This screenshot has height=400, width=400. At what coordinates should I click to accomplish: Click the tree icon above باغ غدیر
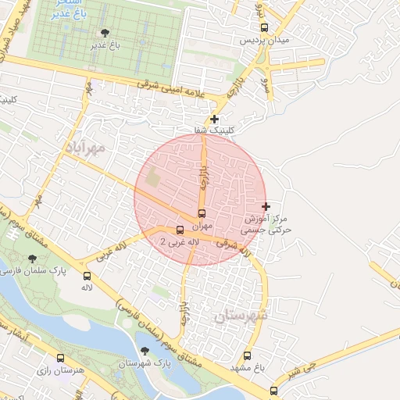(x=105, y=33)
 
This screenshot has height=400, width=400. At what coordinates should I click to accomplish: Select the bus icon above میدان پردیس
(x=264, y=27)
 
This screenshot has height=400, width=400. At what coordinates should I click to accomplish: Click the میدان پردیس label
(x=264, y=39)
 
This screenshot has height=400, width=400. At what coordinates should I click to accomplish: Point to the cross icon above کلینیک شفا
(x=215, y=119)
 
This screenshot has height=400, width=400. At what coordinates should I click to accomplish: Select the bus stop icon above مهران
(x=202, y=213)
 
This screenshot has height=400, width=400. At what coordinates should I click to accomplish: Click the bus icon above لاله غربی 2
(x=180, y=230)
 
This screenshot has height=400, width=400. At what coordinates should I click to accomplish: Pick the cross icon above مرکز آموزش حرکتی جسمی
(x=266, y=207)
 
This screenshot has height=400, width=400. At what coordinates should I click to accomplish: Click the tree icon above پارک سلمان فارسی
(x=32, y=258)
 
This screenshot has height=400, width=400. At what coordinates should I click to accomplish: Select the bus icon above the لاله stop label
(x=87, y=275)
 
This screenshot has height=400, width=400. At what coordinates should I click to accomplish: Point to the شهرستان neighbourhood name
(x=238, y=316)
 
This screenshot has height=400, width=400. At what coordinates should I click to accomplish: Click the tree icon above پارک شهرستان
(x=144, y=352)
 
